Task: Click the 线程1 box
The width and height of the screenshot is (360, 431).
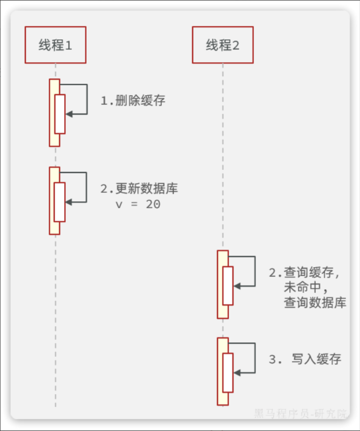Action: (x=55, y=45)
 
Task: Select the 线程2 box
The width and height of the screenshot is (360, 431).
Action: (x=223, y=45)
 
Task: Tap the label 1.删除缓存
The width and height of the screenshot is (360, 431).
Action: (x=133, y=101)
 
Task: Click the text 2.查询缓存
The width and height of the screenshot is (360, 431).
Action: (x=304, y=273)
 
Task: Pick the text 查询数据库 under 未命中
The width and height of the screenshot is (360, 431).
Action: (x=315, y=302)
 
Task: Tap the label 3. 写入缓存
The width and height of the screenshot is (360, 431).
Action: (x=305, y=359)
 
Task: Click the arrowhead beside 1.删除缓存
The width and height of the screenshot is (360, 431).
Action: (x=69, y=114)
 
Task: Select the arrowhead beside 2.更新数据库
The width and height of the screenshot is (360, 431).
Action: (x=69, y=202)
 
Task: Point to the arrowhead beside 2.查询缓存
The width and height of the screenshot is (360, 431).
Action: (x=237, y=286)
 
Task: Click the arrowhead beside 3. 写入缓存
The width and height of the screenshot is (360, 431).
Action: (x=237, y=372)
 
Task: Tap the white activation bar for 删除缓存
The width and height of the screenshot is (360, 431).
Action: (x=60, y=114)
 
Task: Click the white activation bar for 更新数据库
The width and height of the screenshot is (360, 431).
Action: (x=60, y=202)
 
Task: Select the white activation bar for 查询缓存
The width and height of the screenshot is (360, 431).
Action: (x=228, y=286)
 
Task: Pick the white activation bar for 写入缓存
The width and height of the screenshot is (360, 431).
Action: (x=228, y=372)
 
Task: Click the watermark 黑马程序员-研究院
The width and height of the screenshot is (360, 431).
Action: (x=300, y=413)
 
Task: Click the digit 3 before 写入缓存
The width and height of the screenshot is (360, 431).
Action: (x=272, y=359)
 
